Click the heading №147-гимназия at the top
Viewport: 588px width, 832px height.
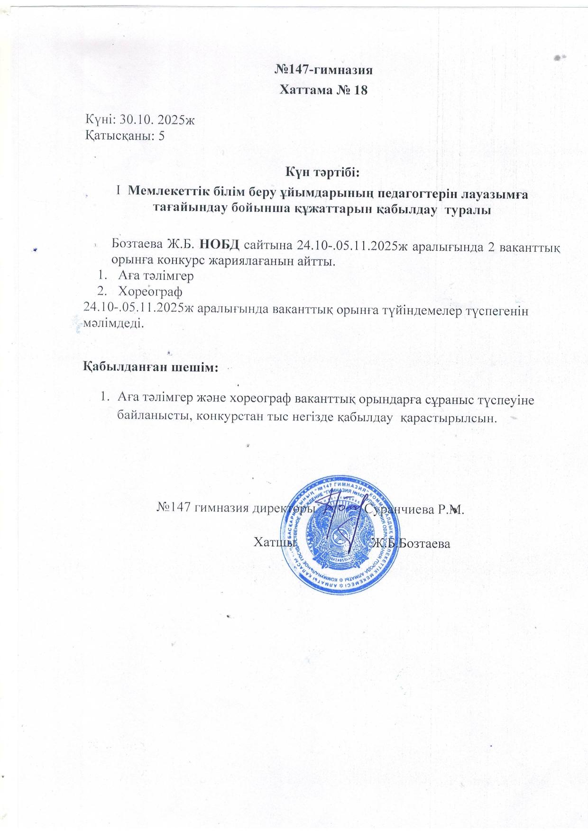click(324, 71)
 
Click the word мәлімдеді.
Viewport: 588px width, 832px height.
click(112, 324)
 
